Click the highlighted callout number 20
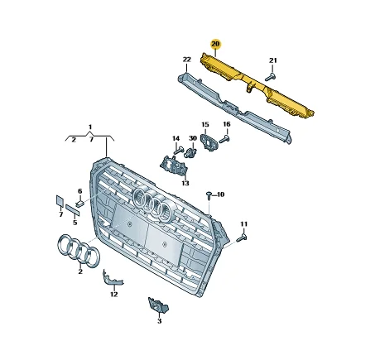tap(215, 44)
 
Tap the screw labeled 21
tap(271, 77)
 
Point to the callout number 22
tap(187, 60)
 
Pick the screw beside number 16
tap(224, 140)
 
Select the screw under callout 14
tap(179, 151)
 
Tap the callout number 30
tap(193, 138)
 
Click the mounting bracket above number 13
tap(174, 166)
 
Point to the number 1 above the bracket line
tap(90, 127)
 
